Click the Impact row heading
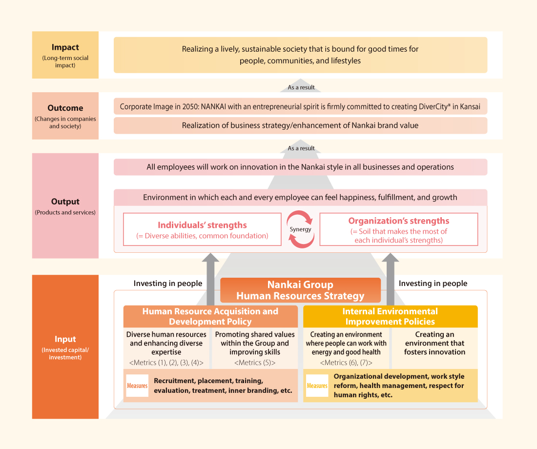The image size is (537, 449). coord(65,47)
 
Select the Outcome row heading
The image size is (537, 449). coord(65,108)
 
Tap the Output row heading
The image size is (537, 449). coord(65,202)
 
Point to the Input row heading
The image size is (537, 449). coord(65,339)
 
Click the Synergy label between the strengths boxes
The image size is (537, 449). coord(300,229)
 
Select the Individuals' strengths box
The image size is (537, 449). coord(202,229)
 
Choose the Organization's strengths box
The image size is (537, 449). coord(399,229)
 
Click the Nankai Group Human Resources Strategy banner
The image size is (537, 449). coord(300,290)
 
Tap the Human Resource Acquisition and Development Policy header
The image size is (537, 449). coord(210,316)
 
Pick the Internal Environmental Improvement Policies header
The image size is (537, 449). coord(391,316)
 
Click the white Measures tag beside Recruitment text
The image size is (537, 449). coord(137,386)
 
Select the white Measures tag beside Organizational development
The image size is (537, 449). coord(317,386)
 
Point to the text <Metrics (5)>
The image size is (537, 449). coord(255,363)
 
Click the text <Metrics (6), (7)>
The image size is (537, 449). coord(346,363)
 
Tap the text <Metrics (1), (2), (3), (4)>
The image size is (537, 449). coord(166,363)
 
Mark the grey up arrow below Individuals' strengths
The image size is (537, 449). coord(210,279)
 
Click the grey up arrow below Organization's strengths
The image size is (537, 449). coord(391,279)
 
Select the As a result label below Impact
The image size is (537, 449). coord(301,87)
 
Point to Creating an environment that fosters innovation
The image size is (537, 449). coord(434,343)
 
